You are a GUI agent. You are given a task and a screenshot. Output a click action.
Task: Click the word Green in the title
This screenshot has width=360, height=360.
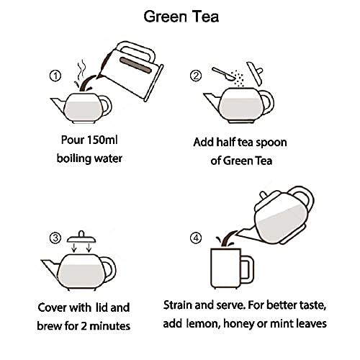point(166,17)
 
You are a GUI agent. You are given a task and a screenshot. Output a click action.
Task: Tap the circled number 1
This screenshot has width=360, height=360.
point(55,76)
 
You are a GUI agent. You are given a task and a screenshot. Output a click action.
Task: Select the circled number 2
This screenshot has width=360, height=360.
point(196,76)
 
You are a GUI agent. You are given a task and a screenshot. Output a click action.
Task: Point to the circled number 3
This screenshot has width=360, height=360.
point(55,238)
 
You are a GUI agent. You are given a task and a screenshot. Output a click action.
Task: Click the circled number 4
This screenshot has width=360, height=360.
point(196,238)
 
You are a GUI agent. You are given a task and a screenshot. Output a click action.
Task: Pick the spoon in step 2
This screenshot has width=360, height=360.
point(224,74)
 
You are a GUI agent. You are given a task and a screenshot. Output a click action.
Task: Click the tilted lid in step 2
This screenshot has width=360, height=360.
point(255,73)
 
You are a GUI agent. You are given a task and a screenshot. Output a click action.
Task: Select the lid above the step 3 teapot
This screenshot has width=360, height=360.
point(81,237)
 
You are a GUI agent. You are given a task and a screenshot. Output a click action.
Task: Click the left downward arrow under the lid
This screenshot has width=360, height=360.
point(74,248)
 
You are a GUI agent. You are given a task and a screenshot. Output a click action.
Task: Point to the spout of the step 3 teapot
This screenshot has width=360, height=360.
point(50,269)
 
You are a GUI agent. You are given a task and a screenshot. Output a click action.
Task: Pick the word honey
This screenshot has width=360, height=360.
point(238,324)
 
